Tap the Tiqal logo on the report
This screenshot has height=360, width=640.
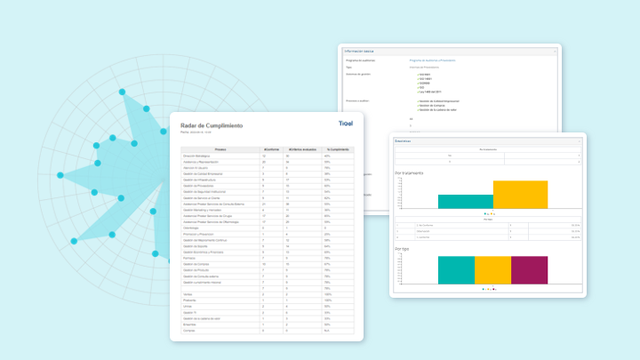pyautogui.click(x=348, y=124)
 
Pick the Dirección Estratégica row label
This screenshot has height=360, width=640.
pyautogui.click(x=197, y=156)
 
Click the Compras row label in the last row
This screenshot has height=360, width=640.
pyautogui.click(x=189, y=330)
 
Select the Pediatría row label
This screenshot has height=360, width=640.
pyautogui.click(x=189, y=299)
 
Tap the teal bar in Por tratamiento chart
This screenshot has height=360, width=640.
pyautogui.click(x=465, y=201)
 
